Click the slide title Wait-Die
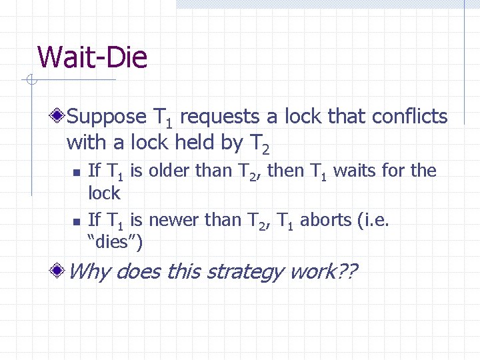pos(92,57)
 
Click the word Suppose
pos(107,117)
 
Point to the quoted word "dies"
pos(115,241)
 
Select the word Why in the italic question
pos(89,271)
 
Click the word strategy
pos(243,272)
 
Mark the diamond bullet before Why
pos(59,271)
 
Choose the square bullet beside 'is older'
pos(76,172)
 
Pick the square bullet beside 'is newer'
pos(76,219)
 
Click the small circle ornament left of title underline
pos(31,81)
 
